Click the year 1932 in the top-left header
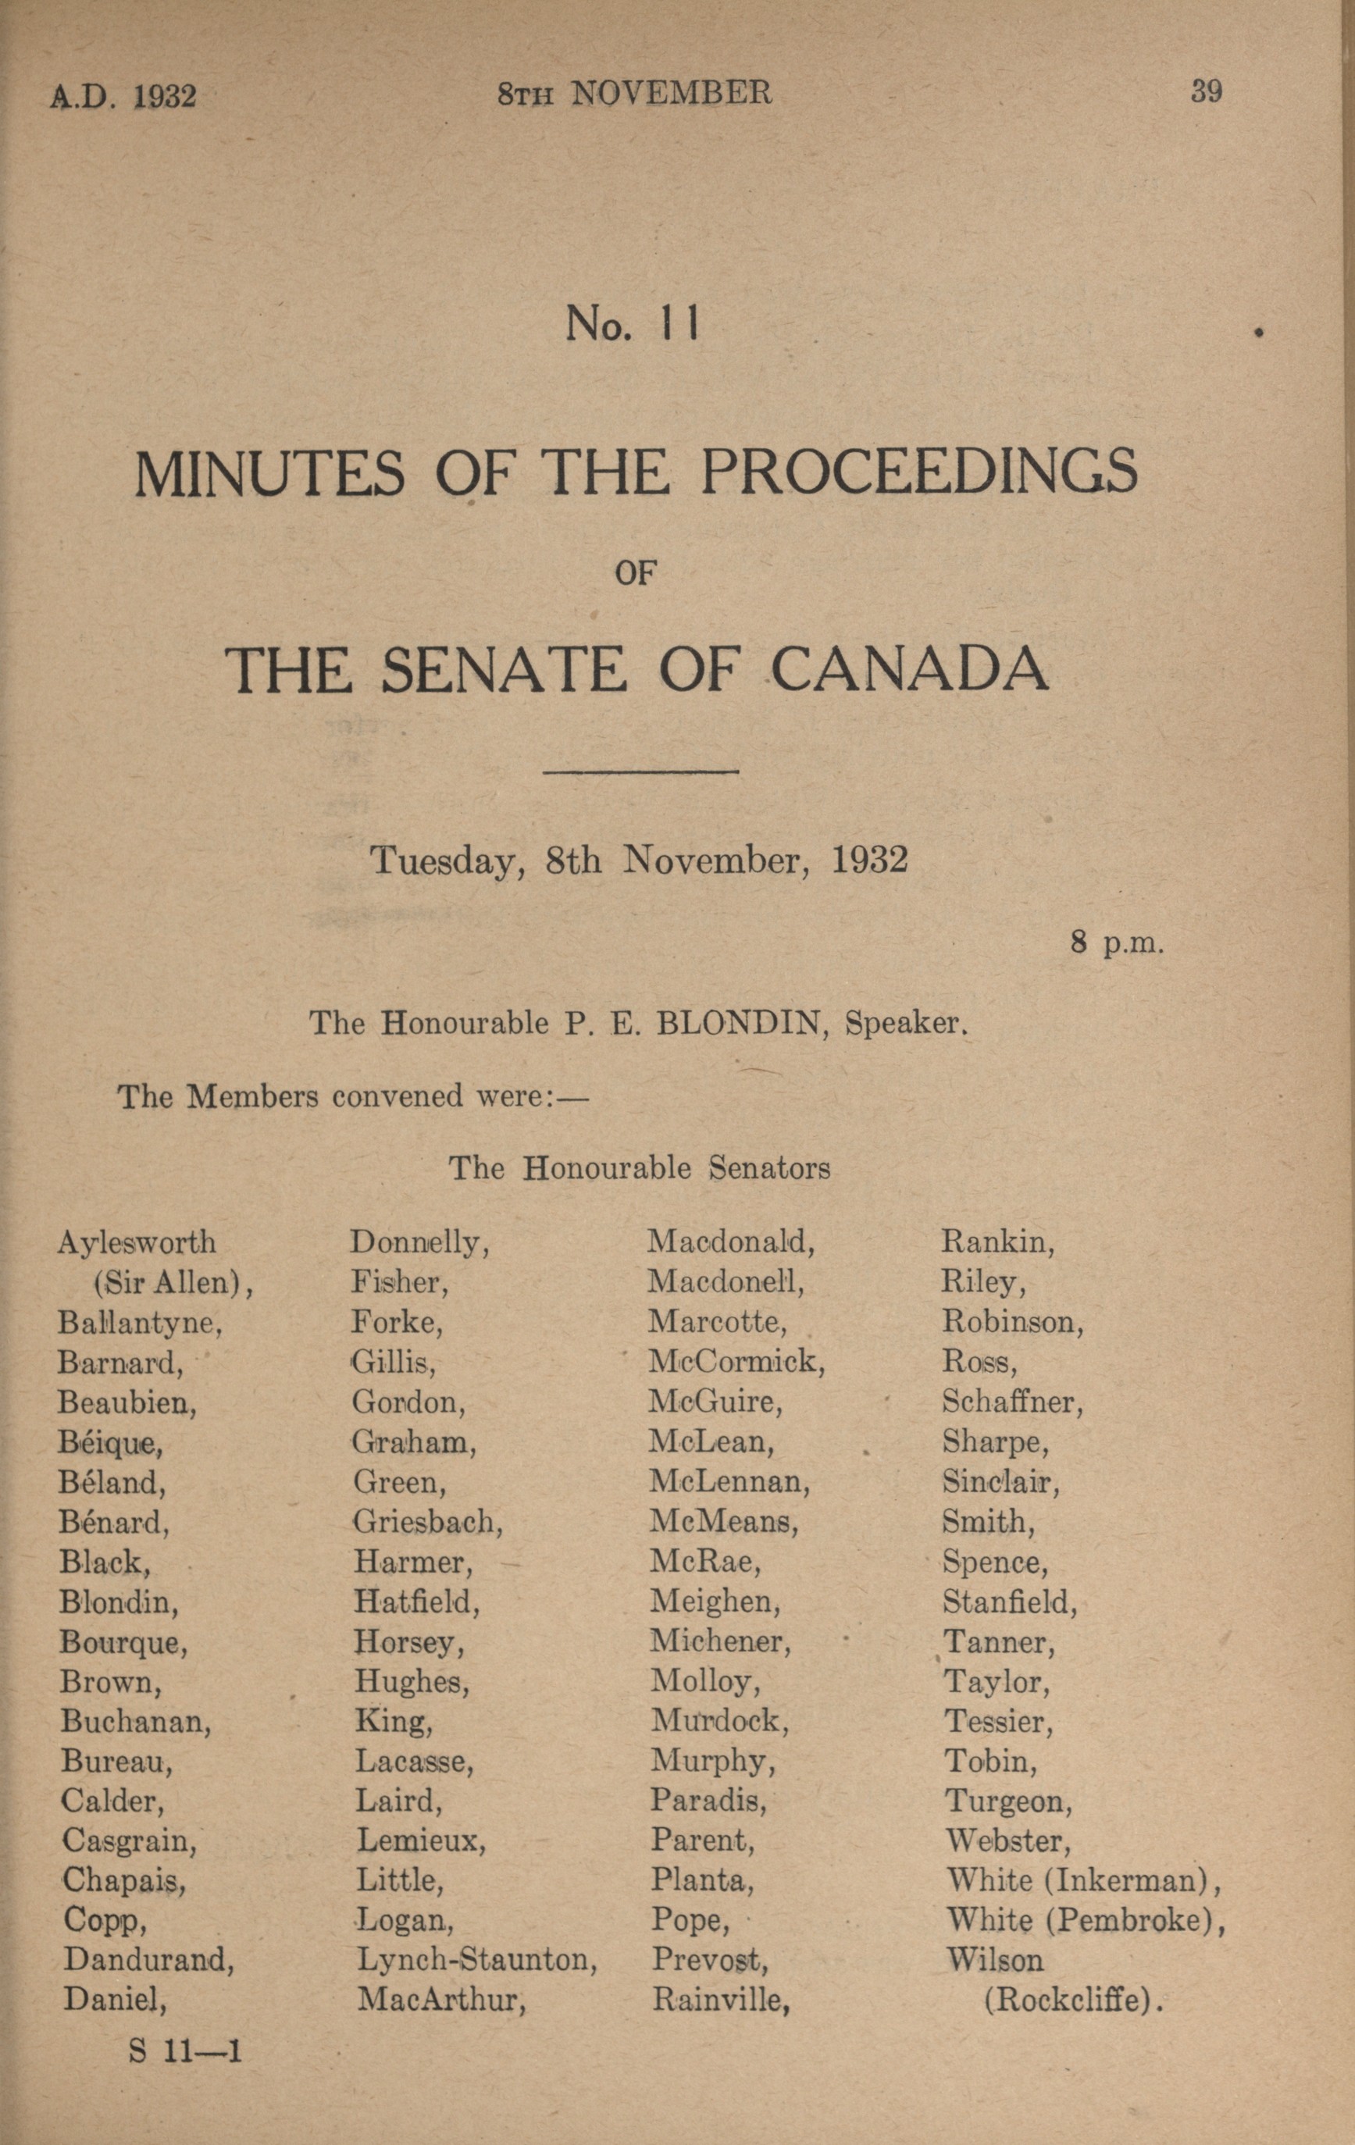[165, 95]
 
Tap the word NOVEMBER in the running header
[671, 93]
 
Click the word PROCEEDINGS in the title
[919, 472]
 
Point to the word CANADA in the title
[909, 670]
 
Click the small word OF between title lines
[635, 574]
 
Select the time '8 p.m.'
[1117, 942]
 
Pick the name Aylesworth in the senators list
[137, 1242]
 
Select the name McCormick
[736, 1361]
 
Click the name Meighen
[715, 1602]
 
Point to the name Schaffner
[1012, 1402]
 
